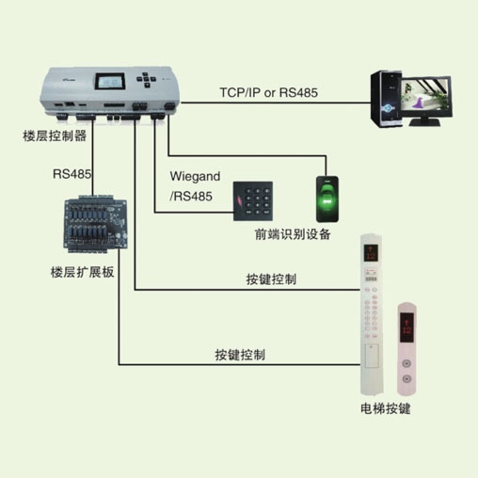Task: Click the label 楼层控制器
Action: (x=55, y=136)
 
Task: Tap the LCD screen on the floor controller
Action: (x=110, y=82)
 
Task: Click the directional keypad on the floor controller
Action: (x=146, y=80)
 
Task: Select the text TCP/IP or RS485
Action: (x=269, y=92)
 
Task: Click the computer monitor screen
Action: (x=425, y=94)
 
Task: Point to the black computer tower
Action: (x=386, y=99)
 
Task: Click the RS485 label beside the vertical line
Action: (x=72, y=174)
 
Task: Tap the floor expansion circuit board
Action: (x=95, y=224)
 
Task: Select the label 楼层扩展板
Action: (x=82, y=272)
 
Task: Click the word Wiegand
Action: (x=195, y=177)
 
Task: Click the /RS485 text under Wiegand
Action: (x=191, y=197)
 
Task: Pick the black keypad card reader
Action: (x=253, y=201)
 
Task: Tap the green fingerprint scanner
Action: (x=327, y=199)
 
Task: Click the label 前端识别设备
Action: (x=293, y=234)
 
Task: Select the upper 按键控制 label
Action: (x=271, y=279)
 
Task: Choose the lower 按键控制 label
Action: (x=240, y=355)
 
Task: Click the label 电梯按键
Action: (x=386, y=408)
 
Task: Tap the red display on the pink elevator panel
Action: (x=406, y=327)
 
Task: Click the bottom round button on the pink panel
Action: (x=406, y=378)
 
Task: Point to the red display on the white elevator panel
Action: (x=371, y=253)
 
